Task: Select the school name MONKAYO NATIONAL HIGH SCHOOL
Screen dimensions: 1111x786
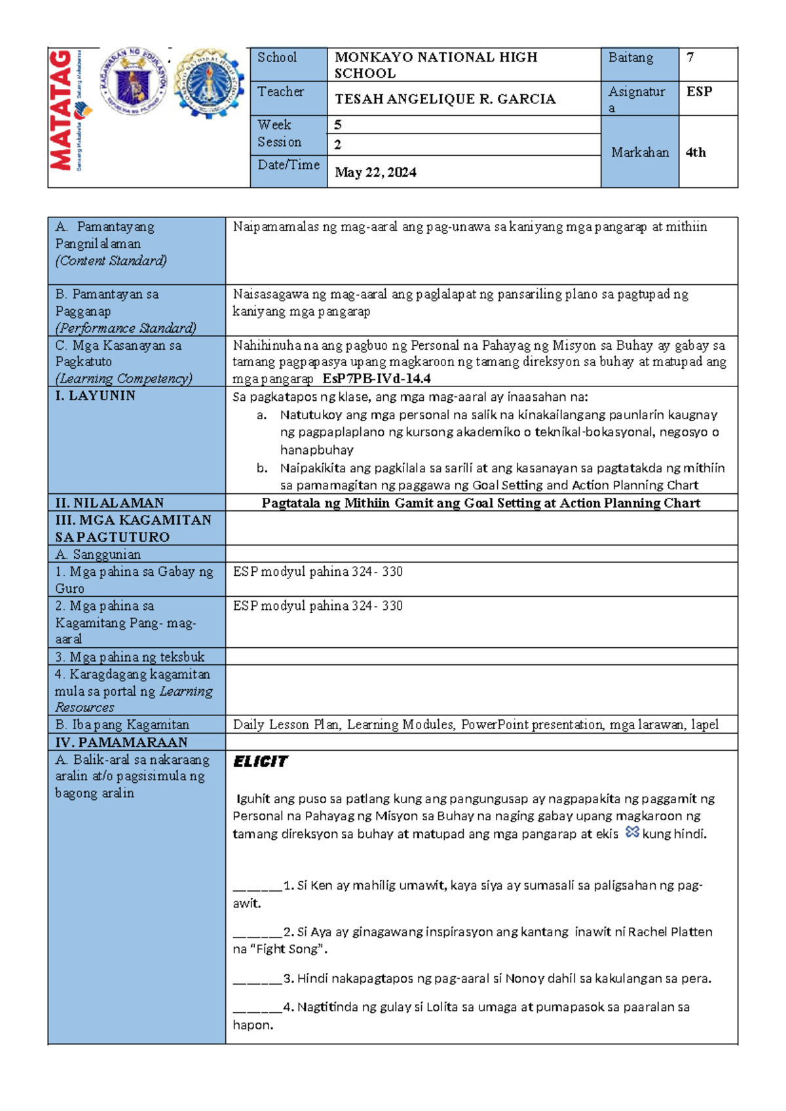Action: tap(436, 65)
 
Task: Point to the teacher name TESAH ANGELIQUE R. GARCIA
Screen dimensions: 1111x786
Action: tap(445, 99)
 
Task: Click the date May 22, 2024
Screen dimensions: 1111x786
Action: tap(375, 172)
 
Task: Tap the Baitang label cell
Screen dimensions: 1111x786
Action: tap(630, 58)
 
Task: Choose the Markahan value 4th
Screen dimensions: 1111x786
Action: tap(696, 153)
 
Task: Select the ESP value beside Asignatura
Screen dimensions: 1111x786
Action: tap(699, 92)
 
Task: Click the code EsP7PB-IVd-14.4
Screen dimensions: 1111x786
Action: tap(377, 379)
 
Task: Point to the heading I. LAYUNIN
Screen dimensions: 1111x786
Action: tap(96, 396)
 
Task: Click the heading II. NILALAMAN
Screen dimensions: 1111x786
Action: tap(109, 502)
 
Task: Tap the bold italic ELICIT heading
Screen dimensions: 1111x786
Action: tap(260, 761)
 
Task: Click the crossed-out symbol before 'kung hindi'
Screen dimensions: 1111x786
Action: tap(631, 832)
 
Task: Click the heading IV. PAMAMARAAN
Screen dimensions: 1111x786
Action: tap(121, 742)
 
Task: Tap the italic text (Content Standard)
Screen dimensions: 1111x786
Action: tap(111, 261)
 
